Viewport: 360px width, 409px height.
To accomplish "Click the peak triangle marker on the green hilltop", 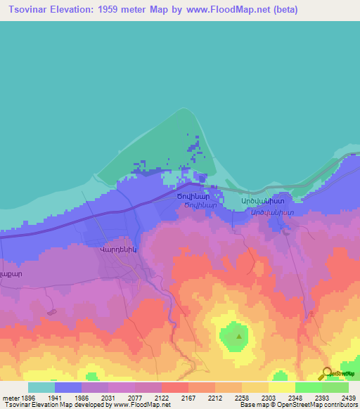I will pyautogui.click(x=239, y=336).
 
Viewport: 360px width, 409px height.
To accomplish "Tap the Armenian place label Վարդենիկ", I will pyautogui.click(x=116, y=248).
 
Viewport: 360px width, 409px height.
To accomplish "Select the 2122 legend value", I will pyautogui.click(x=162, y=397).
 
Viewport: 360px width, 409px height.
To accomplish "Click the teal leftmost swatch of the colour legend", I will pyautogui.click(x=41, y=387).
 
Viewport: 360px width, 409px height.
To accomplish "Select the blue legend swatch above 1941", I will pyautogui.click(x=68, y=387).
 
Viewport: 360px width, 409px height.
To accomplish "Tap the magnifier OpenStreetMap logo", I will pyautogui.click(x=327, y=374).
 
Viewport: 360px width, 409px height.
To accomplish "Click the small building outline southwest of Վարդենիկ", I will pyautogui.click(x=51, y=311).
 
